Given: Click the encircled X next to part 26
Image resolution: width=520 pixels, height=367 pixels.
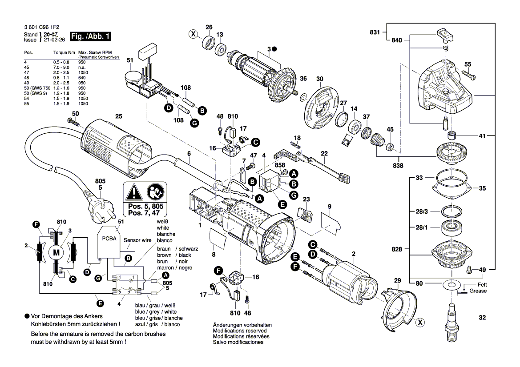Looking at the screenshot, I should [193, 34].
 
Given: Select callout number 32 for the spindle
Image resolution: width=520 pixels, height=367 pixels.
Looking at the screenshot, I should [483, 318].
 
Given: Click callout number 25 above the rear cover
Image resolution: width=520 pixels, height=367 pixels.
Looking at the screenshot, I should [118, 116].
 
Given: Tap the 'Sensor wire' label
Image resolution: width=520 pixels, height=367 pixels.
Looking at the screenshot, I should [137, 239].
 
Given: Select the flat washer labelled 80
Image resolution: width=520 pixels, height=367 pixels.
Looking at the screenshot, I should [450, 283].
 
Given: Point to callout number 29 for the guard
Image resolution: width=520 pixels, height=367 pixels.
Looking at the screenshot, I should [397, 280].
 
